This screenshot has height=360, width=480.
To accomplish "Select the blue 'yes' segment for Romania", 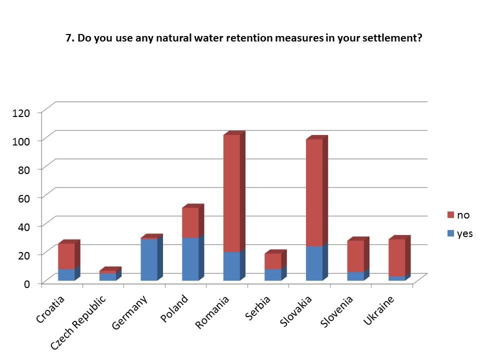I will point(231,266).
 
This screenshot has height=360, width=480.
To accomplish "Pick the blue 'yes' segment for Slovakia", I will point(313,263).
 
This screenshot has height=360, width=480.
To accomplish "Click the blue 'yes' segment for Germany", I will point(149,260).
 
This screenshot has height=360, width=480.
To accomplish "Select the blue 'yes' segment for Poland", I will point(190,259).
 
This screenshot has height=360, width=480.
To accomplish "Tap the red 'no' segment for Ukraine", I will point(396,257).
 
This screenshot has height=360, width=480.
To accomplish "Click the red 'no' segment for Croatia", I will point(66,256).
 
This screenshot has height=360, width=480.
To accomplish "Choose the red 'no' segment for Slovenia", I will point(355,256).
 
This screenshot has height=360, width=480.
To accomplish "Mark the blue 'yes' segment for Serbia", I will point(272,274).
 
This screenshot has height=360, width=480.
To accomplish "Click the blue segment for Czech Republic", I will point(107,277).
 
